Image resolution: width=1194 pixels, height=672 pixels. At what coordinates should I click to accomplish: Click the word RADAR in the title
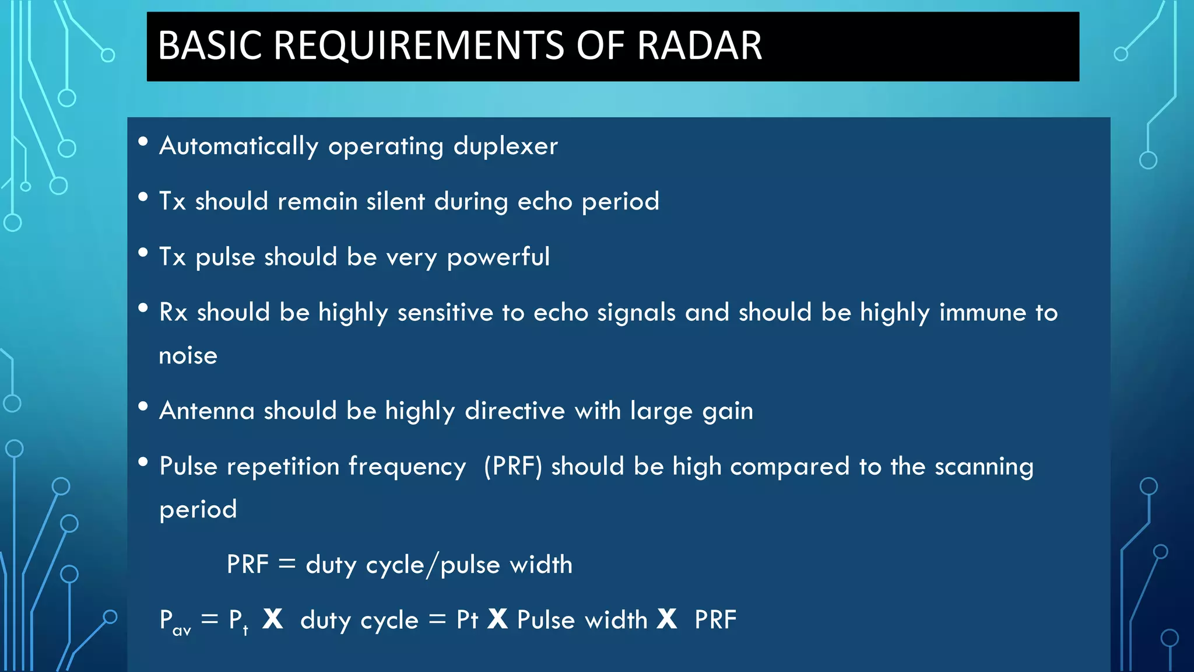click(x=699, y=45)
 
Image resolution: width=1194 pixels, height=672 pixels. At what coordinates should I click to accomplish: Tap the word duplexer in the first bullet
click(x=505, y=146)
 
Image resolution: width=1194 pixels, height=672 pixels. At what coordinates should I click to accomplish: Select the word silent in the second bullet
click(x=396, y=201)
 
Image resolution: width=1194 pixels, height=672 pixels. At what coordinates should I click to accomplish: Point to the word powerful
click(x=498, y=257)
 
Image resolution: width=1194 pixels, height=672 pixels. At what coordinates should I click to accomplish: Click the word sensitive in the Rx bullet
click(x=445, y=313)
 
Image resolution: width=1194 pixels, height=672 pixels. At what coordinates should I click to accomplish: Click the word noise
click(x=188, y=356)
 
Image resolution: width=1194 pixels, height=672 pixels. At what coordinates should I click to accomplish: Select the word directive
click(x=515, y=411)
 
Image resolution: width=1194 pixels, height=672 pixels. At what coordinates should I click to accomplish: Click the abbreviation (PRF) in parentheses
click(x=513, y=467)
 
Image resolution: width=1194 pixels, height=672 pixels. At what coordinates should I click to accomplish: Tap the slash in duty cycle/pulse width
click(x=432, y=565)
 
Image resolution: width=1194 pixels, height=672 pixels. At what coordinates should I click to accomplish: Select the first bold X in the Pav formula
click(x=273, y=619)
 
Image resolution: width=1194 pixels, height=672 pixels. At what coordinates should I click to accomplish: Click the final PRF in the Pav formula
click(x=715, y=620)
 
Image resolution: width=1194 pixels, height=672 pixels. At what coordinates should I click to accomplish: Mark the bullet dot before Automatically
click(x=143, y=142)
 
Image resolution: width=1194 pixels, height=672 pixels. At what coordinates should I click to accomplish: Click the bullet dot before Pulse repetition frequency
click(x=143, y=463)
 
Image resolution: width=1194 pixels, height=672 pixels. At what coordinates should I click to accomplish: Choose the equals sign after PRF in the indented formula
click(x=287, y=564)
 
